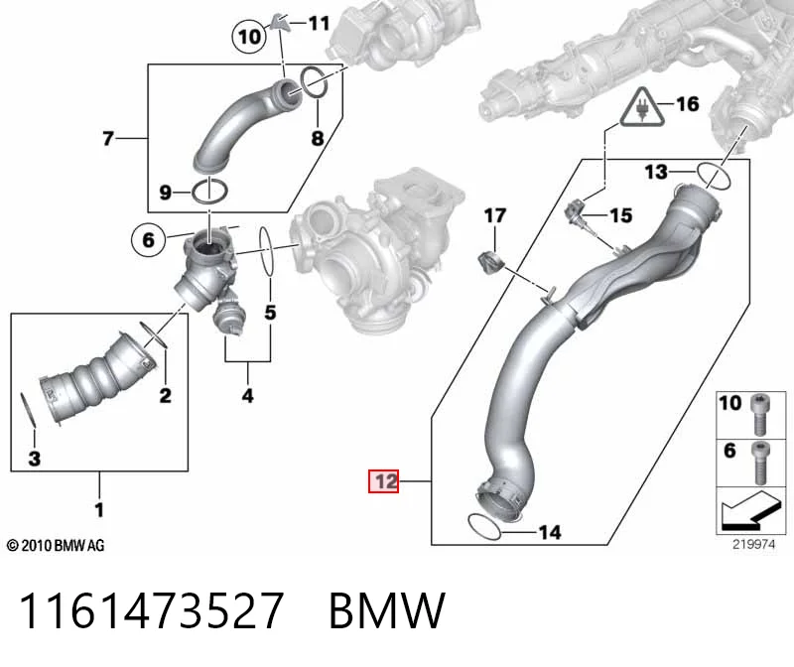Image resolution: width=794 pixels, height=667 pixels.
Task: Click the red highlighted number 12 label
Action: [x=383, y=481]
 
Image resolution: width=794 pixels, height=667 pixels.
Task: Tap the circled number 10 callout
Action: [x=249, y=37]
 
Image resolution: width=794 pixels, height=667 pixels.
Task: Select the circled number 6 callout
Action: [x=148, y=239]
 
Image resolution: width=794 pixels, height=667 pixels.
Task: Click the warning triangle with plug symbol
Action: [x=642, y=107]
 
